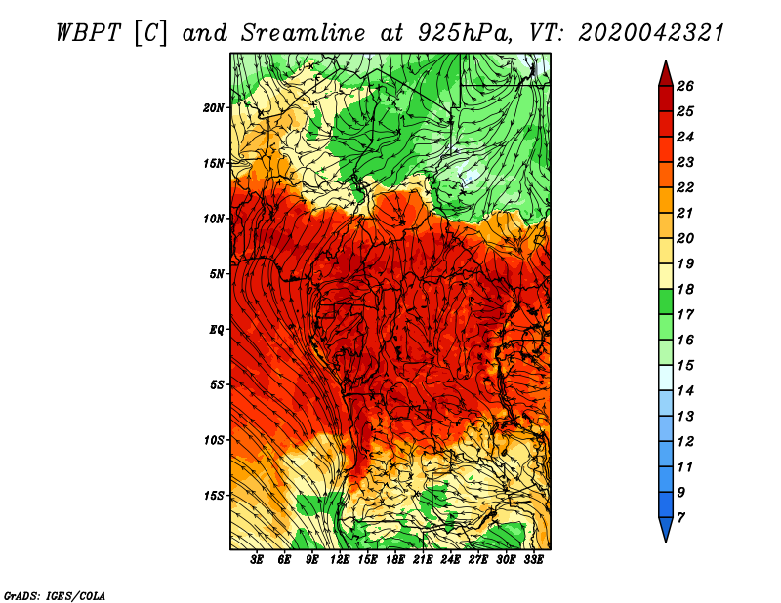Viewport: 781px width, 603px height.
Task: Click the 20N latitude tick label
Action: [214, 107]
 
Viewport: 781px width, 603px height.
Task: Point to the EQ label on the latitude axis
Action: [217, 329]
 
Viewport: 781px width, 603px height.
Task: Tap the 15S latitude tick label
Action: [214, 496]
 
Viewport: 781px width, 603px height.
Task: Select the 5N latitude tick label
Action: [217, 274]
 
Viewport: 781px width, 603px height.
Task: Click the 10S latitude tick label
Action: [214, 440]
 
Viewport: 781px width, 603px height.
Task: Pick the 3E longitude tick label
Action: [258, 560]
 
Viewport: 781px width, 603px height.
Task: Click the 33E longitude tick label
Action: [533, 560]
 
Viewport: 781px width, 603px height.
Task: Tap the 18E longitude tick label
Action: [395, 560]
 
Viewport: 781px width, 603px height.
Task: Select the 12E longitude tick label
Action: [341, 560]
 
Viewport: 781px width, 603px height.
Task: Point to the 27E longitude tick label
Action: [478, 560]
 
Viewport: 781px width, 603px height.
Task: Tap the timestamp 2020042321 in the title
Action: [651, 32]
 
